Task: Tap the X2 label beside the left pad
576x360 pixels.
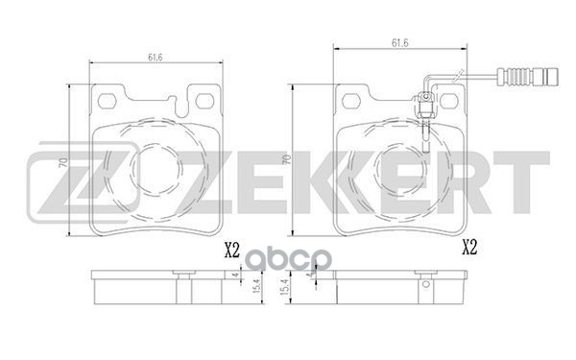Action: click(230, 252)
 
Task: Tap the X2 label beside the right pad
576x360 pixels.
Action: click(469, 246)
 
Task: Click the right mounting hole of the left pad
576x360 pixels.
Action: click(204, 100)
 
